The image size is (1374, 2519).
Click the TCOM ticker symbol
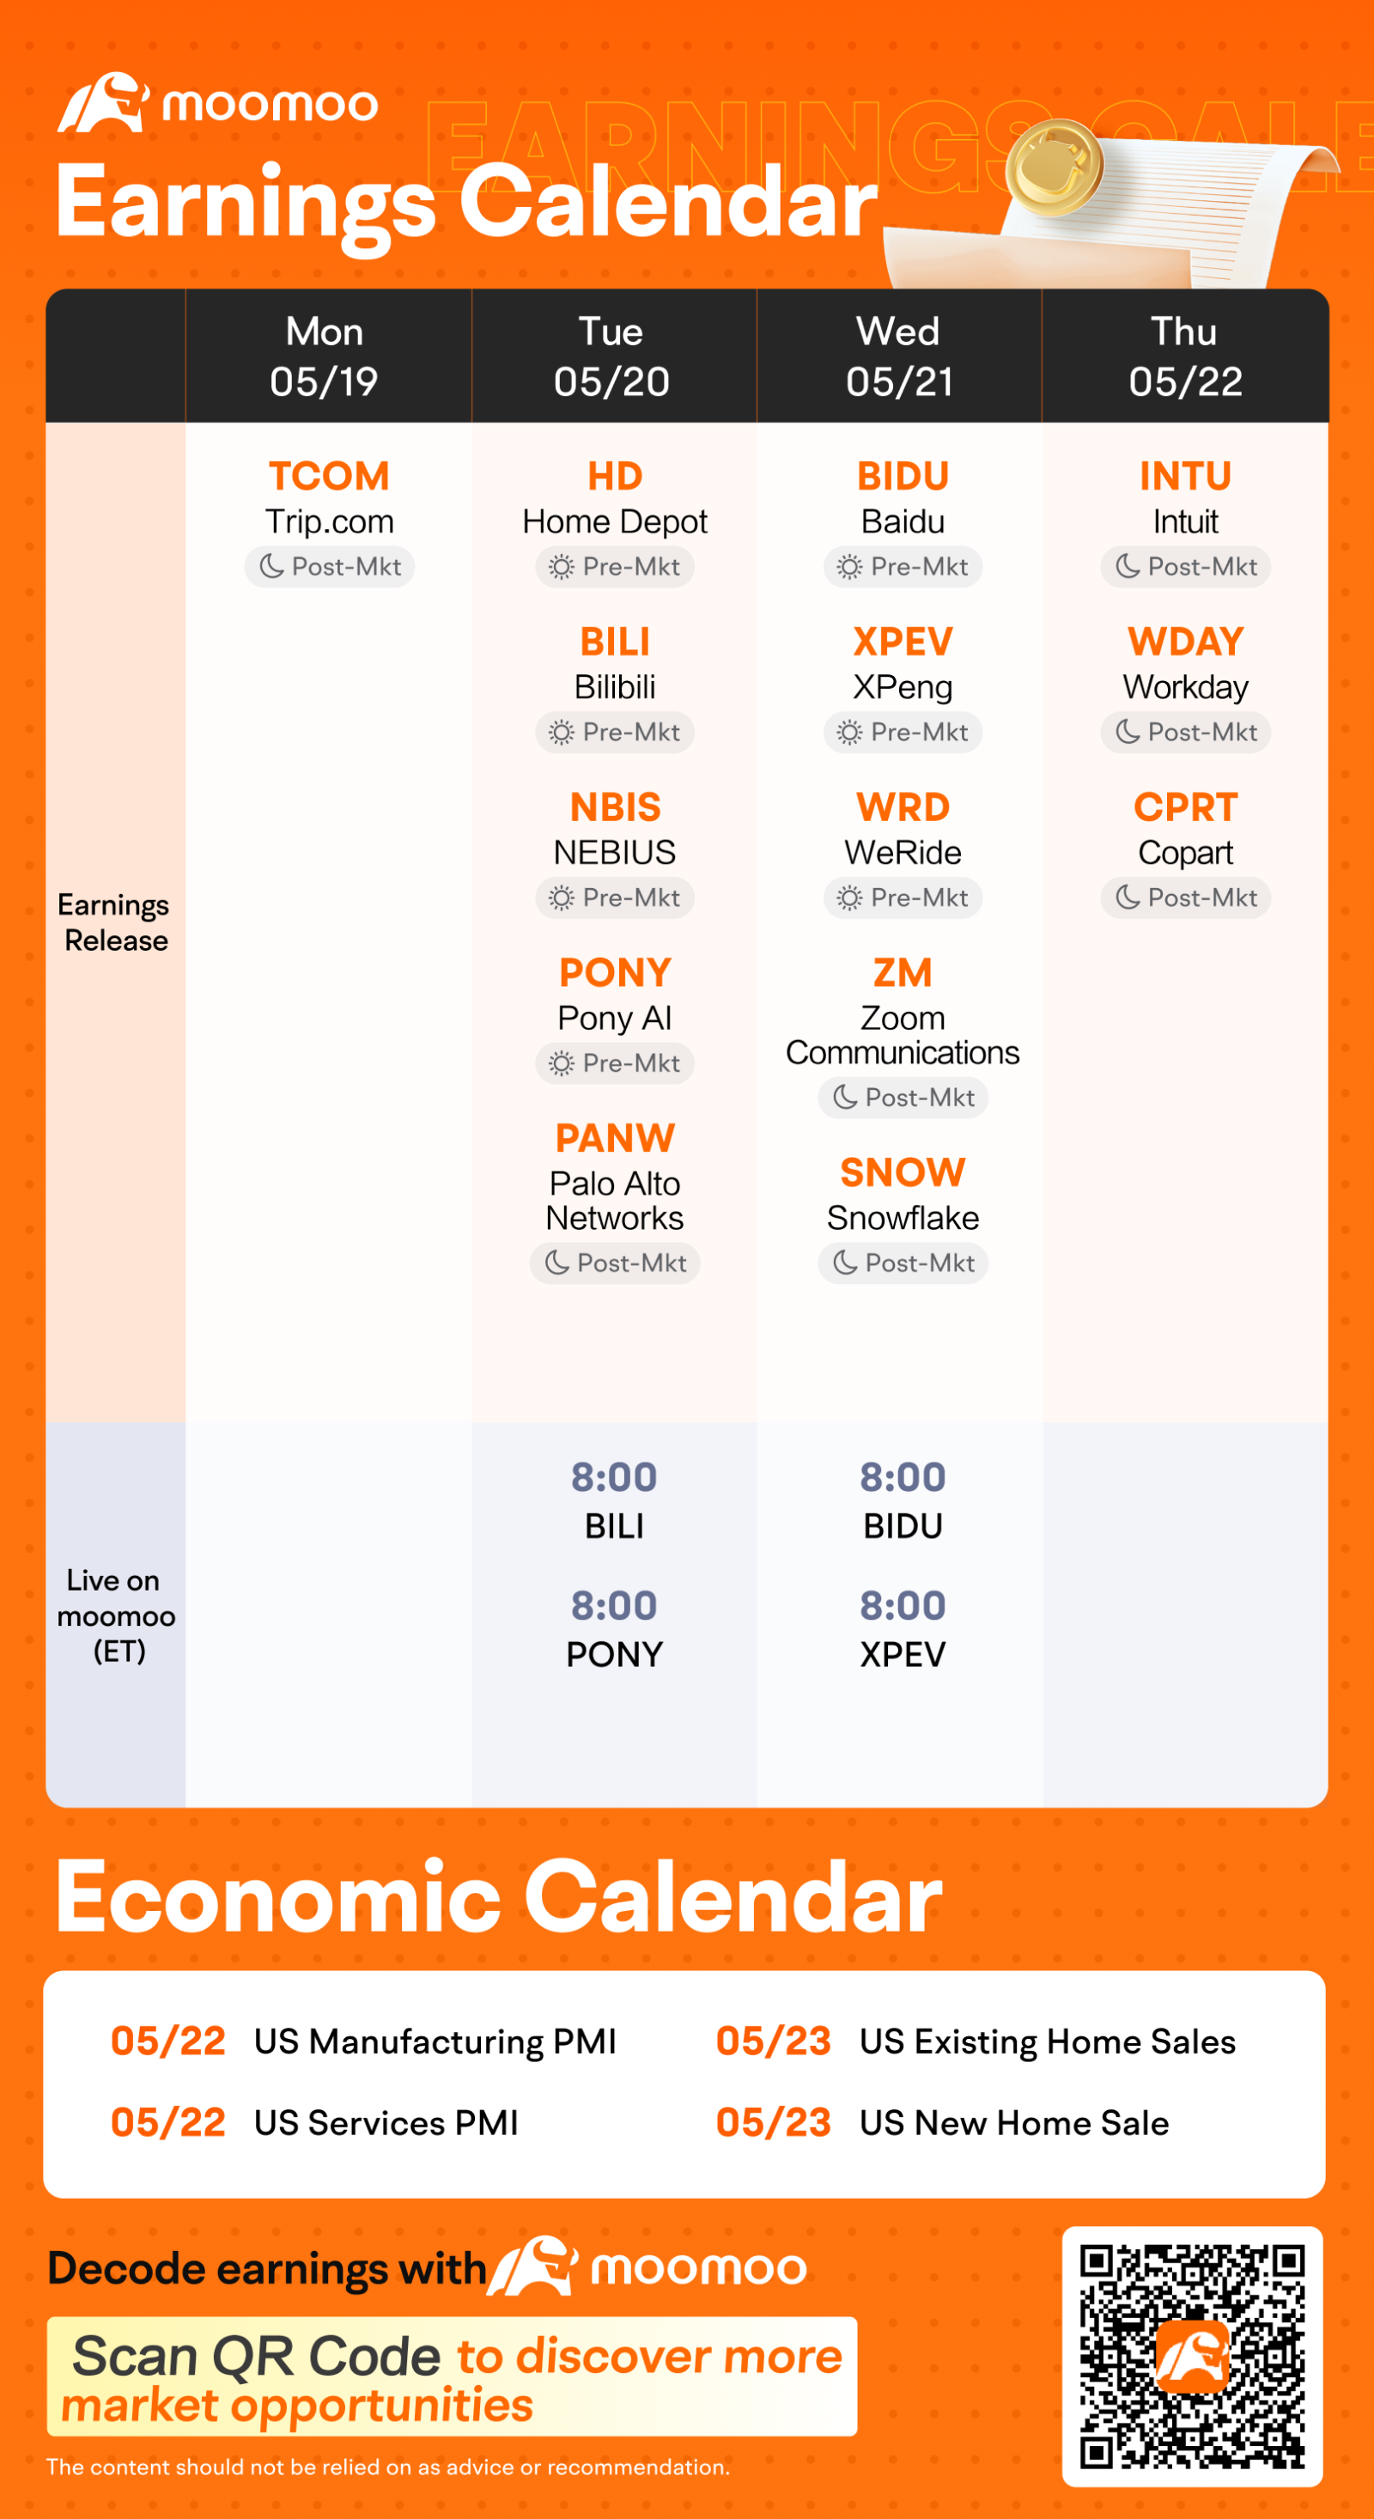329,476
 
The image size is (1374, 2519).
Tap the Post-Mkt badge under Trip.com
330,567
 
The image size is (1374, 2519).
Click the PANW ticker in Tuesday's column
615,1138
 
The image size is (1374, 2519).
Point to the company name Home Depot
615,522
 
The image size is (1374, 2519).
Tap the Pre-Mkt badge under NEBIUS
615,897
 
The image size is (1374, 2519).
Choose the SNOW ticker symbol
903,1172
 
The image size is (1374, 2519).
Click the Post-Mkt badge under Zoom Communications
903,1097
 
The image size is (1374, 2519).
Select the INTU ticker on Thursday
1185,476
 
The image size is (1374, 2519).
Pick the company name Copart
1185,853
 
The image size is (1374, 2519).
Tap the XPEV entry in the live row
903,1654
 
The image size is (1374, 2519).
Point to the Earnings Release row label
114,922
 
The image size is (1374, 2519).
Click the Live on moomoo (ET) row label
117,1615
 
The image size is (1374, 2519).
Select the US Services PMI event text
386,2123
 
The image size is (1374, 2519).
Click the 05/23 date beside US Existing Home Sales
774,2041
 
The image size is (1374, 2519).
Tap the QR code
1192,2356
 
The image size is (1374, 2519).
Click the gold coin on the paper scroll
1055,167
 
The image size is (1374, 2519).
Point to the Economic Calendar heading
499,1897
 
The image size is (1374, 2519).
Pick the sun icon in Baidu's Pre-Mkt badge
848,567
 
